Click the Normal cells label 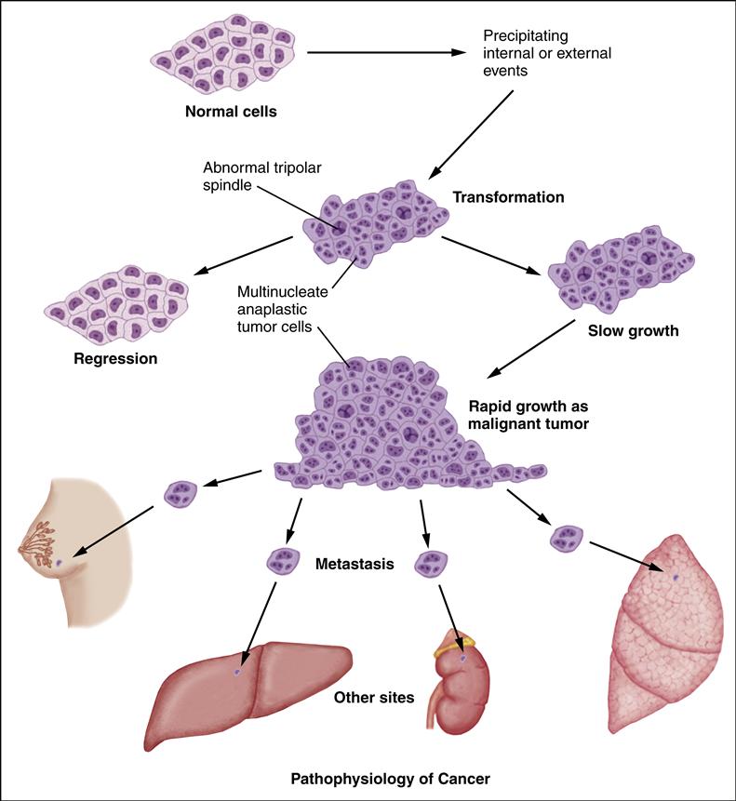[x=233, y=113]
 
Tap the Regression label [x=115, y=357]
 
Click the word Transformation [x=508, y=197]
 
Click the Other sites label [x=374, y=697]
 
